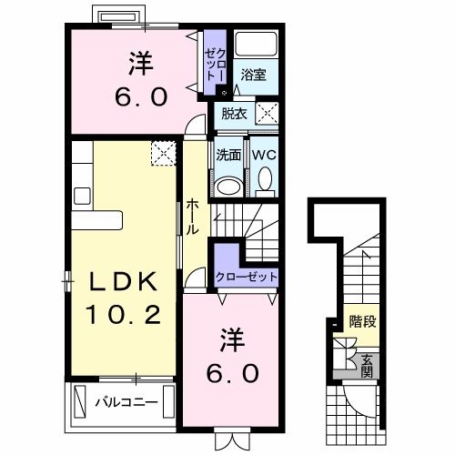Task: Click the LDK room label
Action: [x=123, y=282]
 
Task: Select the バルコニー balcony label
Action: [x=126, y=401]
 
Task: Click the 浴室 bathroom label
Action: [x=254, y=77]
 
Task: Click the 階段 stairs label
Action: [x=363, y=321]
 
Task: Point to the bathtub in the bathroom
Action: [x=256, y=45]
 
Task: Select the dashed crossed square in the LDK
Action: [x=165, y=152]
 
